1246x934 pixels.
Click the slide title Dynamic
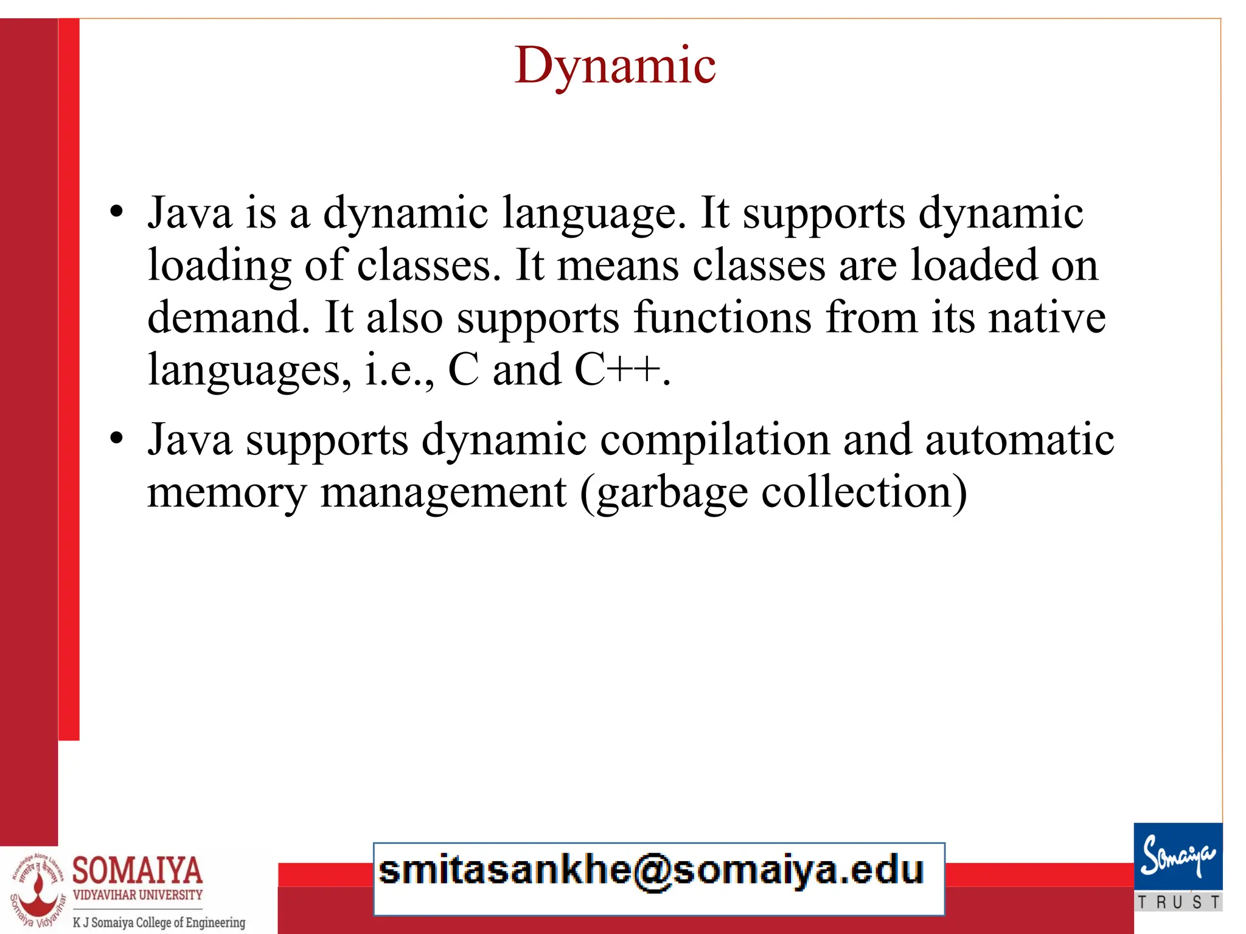point(615,66)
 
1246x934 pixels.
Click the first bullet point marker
point(116,212)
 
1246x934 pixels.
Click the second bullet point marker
point(116,438)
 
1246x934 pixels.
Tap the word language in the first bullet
point(594,214)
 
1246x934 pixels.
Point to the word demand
point(228,317)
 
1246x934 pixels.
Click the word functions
point(722,317)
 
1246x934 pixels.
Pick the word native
point(1046,317)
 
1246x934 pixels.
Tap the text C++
point(617,369)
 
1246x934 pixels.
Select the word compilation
point(715,439)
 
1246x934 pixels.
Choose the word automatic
point(1020,439)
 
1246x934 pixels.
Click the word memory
point(227,493)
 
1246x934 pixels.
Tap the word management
point(443,493)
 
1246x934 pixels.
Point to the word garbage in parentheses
point(671,493)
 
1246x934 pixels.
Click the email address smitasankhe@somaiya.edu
point(651,870)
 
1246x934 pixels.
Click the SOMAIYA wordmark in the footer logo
point(137,870)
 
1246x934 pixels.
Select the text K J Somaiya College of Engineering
point(159,922)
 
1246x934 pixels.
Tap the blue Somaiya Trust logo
point(1178,866)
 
